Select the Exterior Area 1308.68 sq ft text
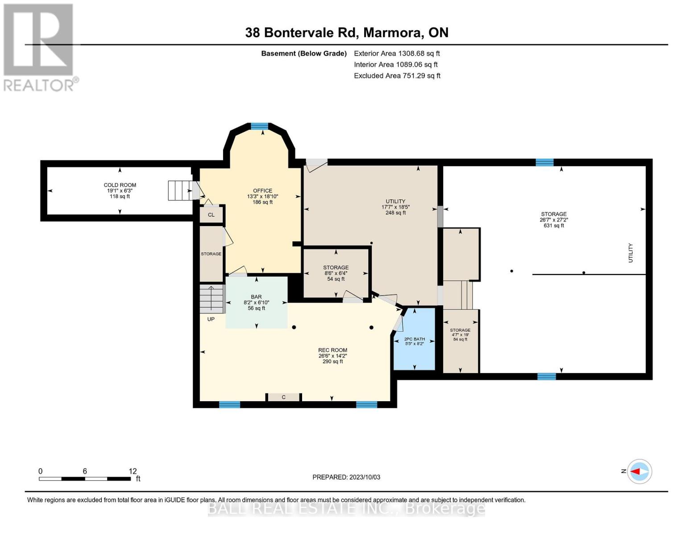(397, 53)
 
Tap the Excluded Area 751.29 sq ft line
(397, 76)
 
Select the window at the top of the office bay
(259, 127)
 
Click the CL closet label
(211, 215)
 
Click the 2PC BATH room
(414, 341)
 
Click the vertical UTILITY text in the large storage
(631, 253)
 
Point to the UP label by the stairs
(211, 319)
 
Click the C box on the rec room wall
(283, 397)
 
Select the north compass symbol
(639, 471)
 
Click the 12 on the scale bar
(133, 471)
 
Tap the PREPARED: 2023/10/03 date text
(346, 477)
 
